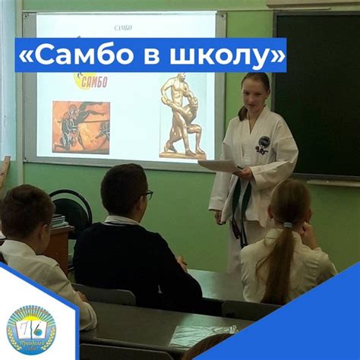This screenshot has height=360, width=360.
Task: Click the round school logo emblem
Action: [31, 328]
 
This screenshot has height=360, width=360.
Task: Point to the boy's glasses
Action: [147, 194]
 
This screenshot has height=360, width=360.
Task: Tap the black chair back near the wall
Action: [72, 204]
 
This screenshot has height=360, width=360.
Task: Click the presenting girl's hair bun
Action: [243, 112]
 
